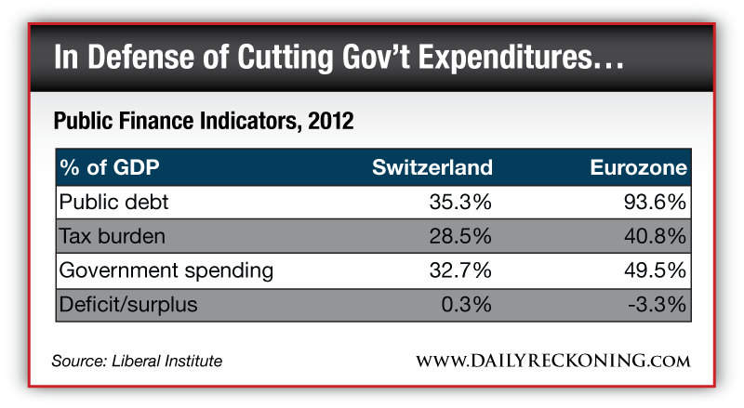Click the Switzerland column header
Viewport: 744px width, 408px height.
click(x=432, y=168)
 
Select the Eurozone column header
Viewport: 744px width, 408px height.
click(x=638, y=168)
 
